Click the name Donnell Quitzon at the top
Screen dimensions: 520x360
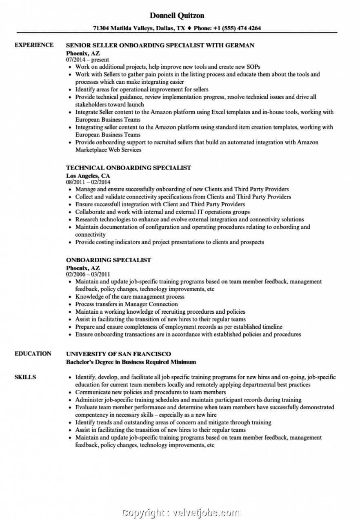click(x=177, y=16)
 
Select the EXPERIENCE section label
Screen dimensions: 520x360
click(x=34, y=45)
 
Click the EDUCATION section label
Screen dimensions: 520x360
click(x=33, y=354)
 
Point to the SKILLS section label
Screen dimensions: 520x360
click(x=25, y=377)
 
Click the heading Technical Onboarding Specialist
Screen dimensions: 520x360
click(x=129, y=167)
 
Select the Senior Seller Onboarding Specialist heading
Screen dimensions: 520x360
click(x=160, y=45)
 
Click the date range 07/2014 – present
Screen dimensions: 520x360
click(x=88, y=60)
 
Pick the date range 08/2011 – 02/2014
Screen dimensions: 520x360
click(x=88, y=182)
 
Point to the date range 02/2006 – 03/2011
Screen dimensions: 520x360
click(x=88, y=275)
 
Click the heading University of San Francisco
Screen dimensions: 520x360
click(x=118, y=354)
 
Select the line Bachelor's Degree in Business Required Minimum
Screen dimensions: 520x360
click(x=131, y=362)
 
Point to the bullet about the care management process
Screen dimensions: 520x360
click(x=130, y=297)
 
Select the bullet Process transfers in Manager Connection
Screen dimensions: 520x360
click(x=127, y=304)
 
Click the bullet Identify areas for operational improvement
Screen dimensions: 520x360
click(x=142, y=89)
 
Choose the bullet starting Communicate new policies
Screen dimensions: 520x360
click(x=151, y=392)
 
